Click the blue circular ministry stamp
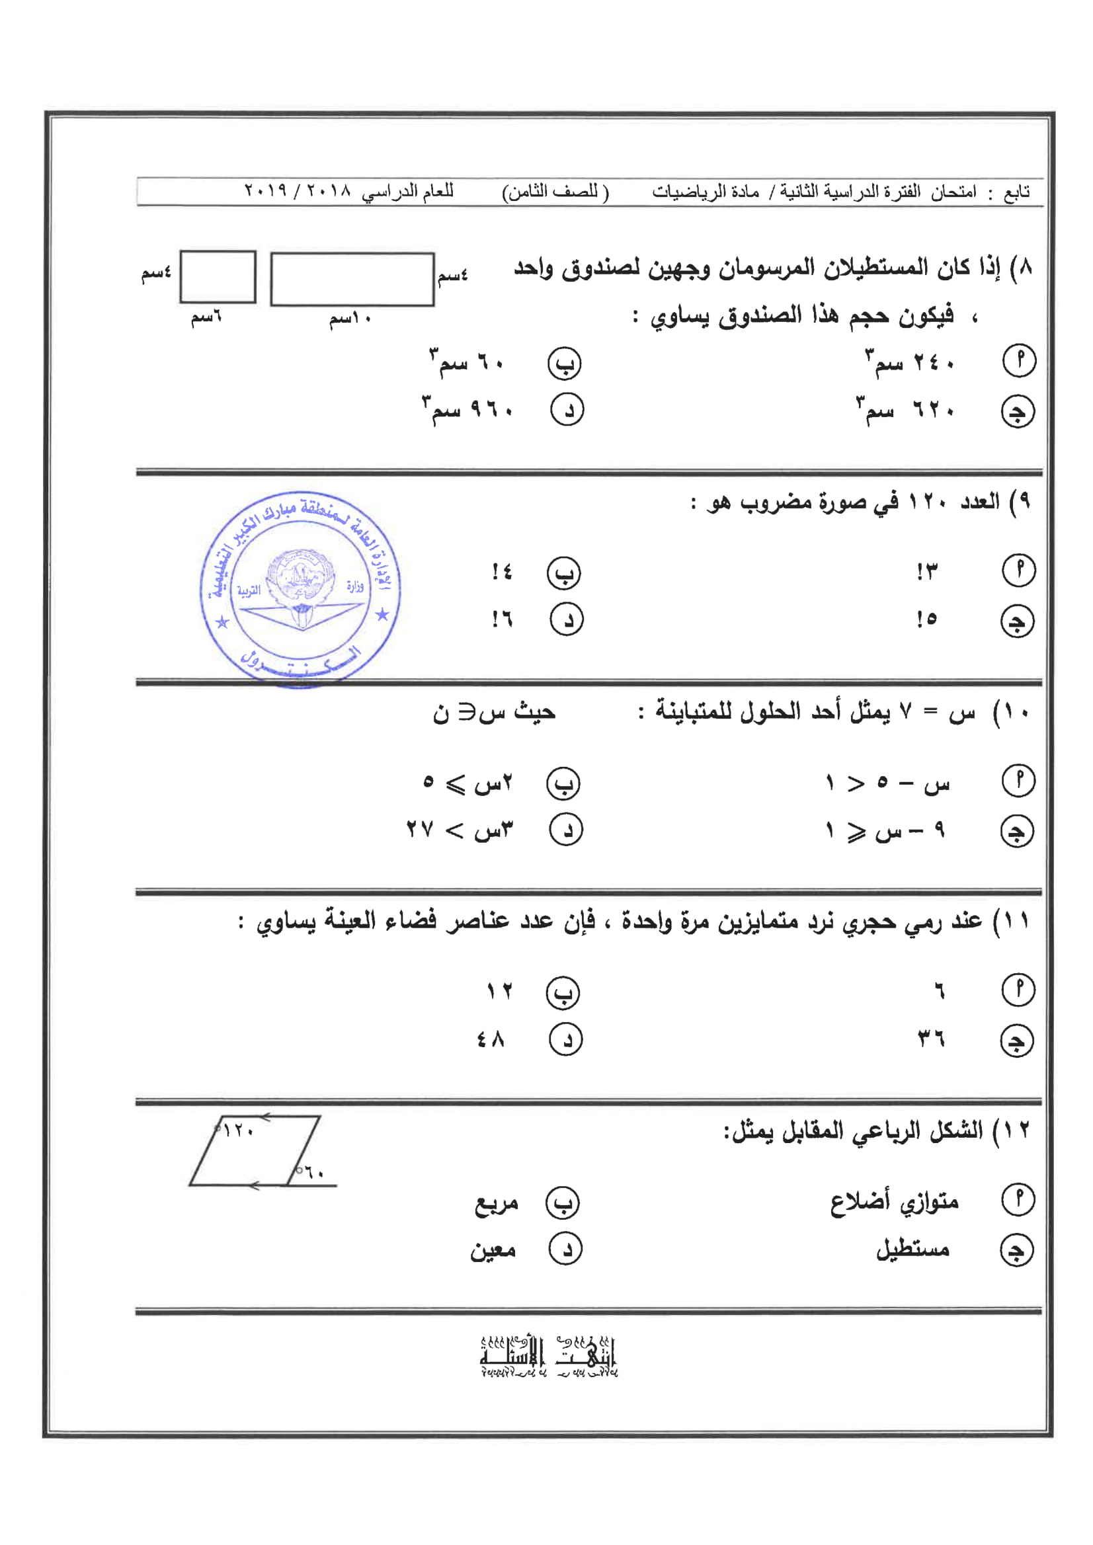(x=300, y=590)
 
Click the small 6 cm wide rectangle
(x=218, y=276)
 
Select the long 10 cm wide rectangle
(x=352, y=279)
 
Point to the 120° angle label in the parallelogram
(x=237, y=1131)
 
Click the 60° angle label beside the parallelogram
(x=311, y=1173)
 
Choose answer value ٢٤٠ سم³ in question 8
(x=910, y=364)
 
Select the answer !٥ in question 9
(x=926, y=619)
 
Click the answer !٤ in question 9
(x=502, y=572)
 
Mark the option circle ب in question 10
(x=563, y=783)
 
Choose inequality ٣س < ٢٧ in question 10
(x=460, y=830)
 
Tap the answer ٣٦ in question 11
(x=932, y=1040)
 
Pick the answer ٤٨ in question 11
(x=491, y=1040)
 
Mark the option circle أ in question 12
(x=1018, y=1199)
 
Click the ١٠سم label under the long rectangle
(x=350, y=318)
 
